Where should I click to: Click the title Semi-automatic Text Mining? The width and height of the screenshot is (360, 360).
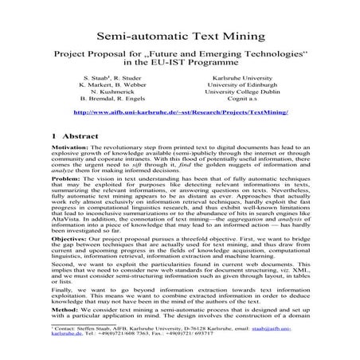[x=180, y=37]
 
